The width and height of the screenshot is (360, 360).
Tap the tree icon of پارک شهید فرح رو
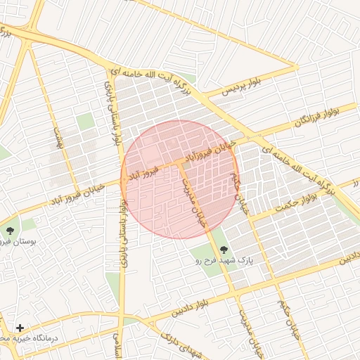tap(224, 250)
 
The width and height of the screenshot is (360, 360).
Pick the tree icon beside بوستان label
tap(10, 231)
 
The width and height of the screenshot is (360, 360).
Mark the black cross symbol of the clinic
tap(20, 328)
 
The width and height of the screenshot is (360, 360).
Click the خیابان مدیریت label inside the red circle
tap(196, 200)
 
